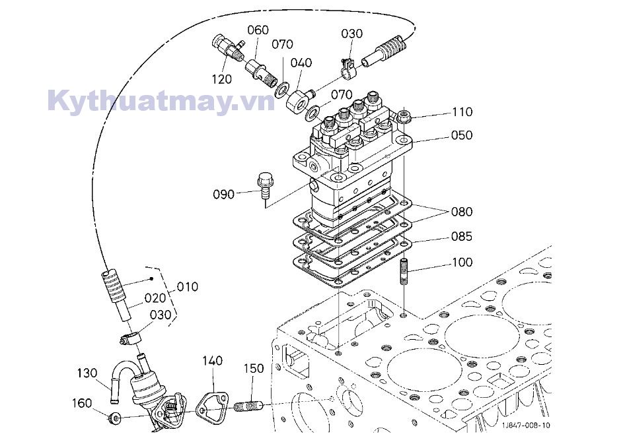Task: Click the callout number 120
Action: [x=222, y=79]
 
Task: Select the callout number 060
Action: [x=258, y=30]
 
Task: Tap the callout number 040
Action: [x=301, y=63]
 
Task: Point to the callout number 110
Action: [x=462, y=111]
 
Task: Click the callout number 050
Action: [x=462, y=135]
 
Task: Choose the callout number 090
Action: [x=223, y=194]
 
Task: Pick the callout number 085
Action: [x=462, y=236]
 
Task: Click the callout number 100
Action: [x=462, y=263]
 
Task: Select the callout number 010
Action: [x=188, y=287]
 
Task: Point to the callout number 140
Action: [x=212, y=361]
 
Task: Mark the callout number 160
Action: [x=83, y=402]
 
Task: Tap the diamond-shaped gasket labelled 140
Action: [x=213, y=405]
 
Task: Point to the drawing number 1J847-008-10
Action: [x=525, y=426]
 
